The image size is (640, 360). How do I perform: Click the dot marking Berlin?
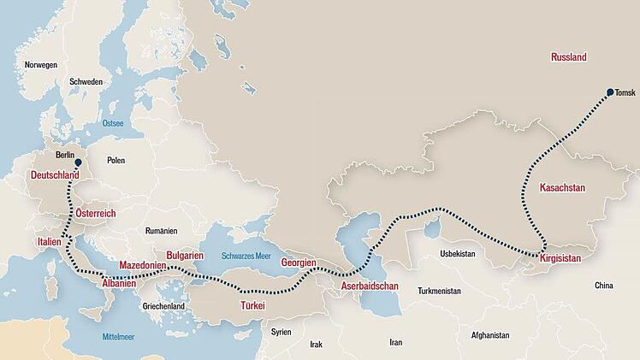point(78,162)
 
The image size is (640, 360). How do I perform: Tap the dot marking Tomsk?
point(609,91)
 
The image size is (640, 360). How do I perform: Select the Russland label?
point(568,57)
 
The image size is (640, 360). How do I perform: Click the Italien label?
point(50,243)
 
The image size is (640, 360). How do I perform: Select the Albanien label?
point(119,282)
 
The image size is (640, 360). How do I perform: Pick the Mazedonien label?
point(143,265)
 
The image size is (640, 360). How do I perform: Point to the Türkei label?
point(252,305)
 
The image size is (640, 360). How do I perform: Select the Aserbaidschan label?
point(370,285)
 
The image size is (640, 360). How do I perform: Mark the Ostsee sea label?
point(113,123)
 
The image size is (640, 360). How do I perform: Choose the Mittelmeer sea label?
point(119,336)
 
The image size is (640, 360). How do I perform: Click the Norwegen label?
point(41,65)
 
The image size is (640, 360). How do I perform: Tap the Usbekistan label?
point(456,254)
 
